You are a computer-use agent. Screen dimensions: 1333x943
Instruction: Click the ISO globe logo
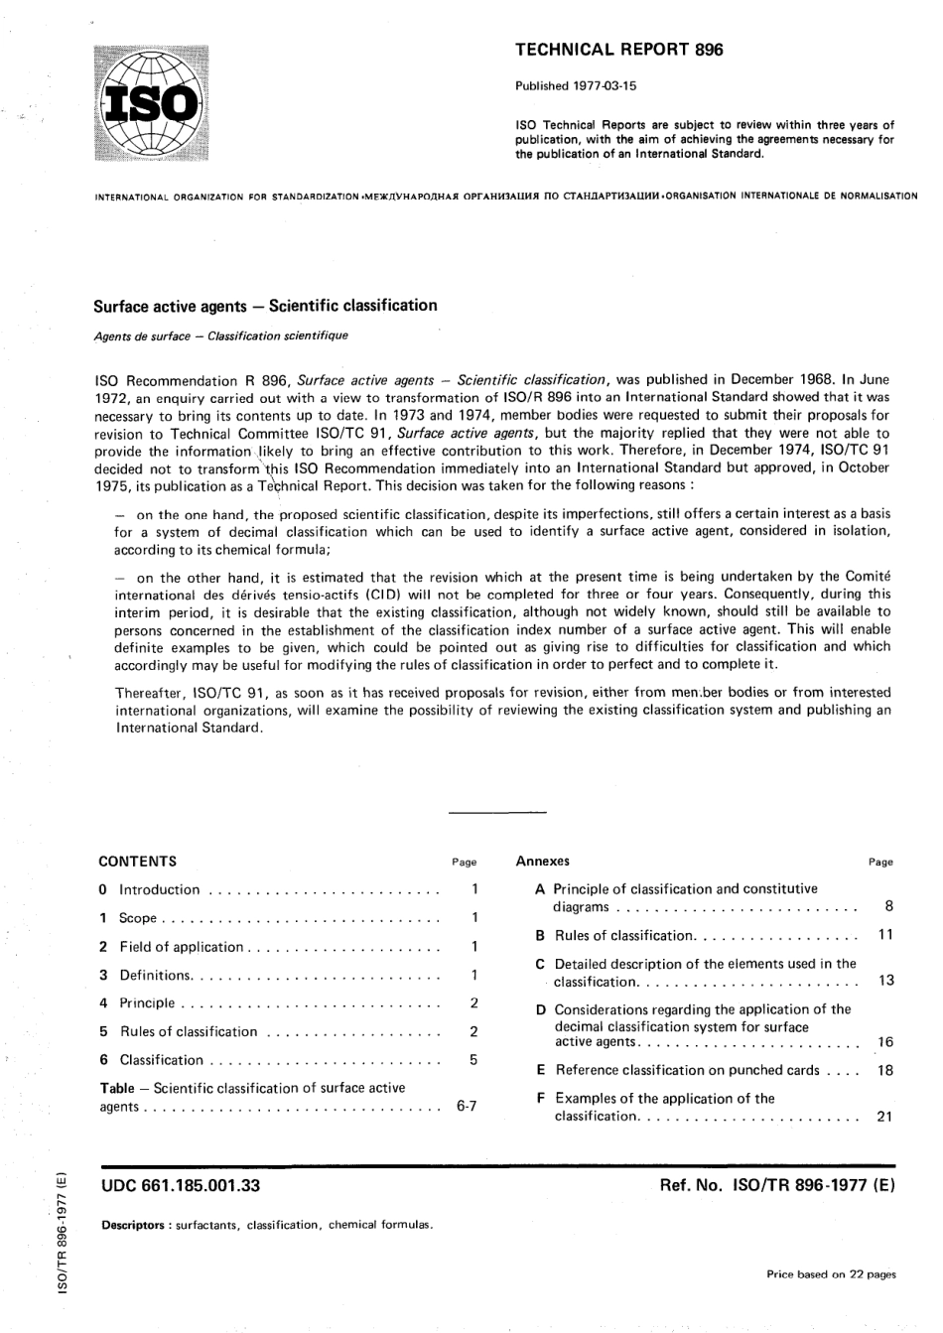tap(153, 102)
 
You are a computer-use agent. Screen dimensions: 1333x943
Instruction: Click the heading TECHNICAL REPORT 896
tap(618, 50)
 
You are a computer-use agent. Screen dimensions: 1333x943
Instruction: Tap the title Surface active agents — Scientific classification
tap(265, 306)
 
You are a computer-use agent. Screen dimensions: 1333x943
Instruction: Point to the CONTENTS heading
tap(138, 862)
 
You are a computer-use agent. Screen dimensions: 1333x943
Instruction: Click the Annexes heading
tap(543, 862)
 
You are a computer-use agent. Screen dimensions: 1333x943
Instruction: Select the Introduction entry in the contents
tap(159, 890)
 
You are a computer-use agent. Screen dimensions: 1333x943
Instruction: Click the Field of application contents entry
tap(181, 947)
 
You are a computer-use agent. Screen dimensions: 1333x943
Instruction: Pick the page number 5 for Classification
tap(473, 1060)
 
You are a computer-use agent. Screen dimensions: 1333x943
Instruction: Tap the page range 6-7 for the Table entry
tap(467, 1106)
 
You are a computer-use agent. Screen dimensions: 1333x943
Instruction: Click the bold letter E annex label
tap(540, 1070)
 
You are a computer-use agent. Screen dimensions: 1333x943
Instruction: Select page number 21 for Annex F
tap(885, 1117)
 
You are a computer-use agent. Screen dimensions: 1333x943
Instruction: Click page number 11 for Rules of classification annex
tap(885, 935)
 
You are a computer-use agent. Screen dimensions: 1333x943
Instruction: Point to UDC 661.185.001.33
tap(181, 1185)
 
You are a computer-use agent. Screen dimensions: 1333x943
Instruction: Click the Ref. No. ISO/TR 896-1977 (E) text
tap(777, 1185)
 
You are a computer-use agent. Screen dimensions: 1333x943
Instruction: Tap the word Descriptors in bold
tap(134, 1225)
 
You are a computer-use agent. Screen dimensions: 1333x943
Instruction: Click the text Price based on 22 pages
tap(831, 1274)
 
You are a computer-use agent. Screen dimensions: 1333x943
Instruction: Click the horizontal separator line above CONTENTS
tap(497, 814)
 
